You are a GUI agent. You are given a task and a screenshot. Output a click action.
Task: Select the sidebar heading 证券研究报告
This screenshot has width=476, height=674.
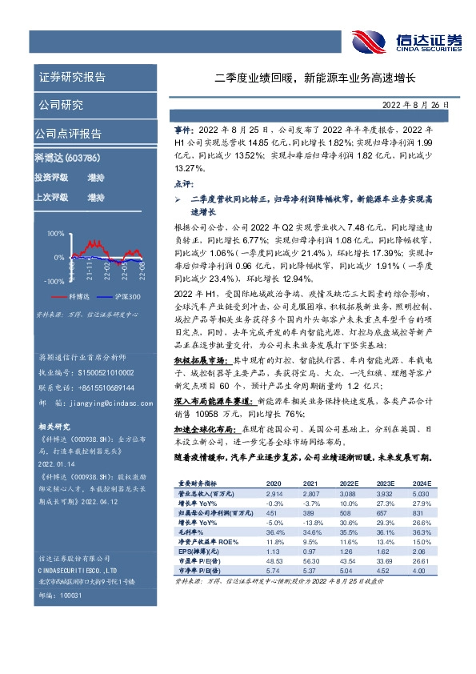[72, 78]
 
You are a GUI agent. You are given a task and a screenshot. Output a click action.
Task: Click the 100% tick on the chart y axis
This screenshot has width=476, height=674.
[55, 234]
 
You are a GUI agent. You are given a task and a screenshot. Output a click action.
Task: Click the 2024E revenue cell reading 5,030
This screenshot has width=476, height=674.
[422, 495]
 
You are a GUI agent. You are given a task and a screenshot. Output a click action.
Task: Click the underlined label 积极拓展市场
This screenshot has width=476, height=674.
[201, 361]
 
